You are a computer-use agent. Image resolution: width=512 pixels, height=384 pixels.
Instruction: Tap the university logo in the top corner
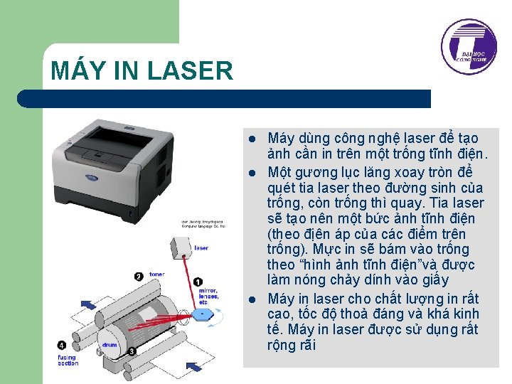tap(469, 47)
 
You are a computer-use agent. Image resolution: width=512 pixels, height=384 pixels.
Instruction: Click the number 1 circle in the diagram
tap(198, 282)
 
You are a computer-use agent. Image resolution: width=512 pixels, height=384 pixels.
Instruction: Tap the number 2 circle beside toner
tap(138, 275)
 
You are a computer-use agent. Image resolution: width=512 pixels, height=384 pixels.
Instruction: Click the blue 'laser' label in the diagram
tap(201, 247)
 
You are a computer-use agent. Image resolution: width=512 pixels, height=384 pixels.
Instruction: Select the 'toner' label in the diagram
tap(156, 274)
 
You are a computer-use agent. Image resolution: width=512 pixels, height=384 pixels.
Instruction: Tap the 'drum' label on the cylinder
tap(109, 344)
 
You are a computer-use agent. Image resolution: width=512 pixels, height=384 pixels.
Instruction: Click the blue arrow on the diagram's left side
tap(88, 304)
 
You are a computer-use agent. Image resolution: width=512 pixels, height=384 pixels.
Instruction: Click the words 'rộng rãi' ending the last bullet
tap(291, 346)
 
